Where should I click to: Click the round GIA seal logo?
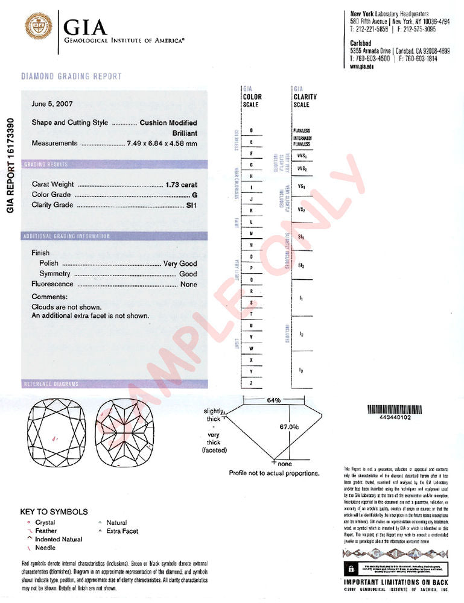[38, 27]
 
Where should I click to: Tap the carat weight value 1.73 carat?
[180, 185]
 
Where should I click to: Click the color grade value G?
[194, 195]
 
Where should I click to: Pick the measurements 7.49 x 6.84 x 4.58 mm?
[162, 144]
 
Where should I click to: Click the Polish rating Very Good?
[180, 264]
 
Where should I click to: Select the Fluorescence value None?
[188, 284]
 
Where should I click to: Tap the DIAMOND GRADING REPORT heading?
[71, 77]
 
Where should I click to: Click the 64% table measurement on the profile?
[273, 400]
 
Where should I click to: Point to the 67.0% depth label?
[289, 427]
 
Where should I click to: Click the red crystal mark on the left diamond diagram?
[55, 438]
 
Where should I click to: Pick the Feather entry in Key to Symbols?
[45, 531]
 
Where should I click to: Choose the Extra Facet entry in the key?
[122, 531]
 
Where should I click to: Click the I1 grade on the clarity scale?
[300, 298]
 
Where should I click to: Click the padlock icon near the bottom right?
[349, 569]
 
